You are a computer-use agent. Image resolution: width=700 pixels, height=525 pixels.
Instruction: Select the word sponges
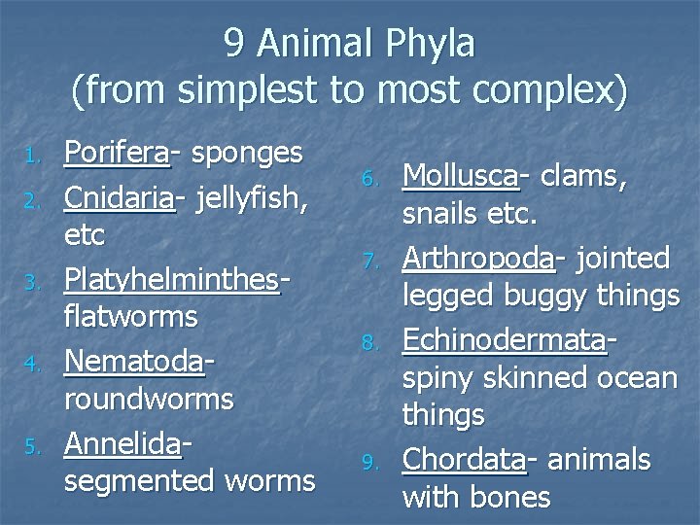point(247,154)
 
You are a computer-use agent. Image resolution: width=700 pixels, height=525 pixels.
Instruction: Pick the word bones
point(508,499)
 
